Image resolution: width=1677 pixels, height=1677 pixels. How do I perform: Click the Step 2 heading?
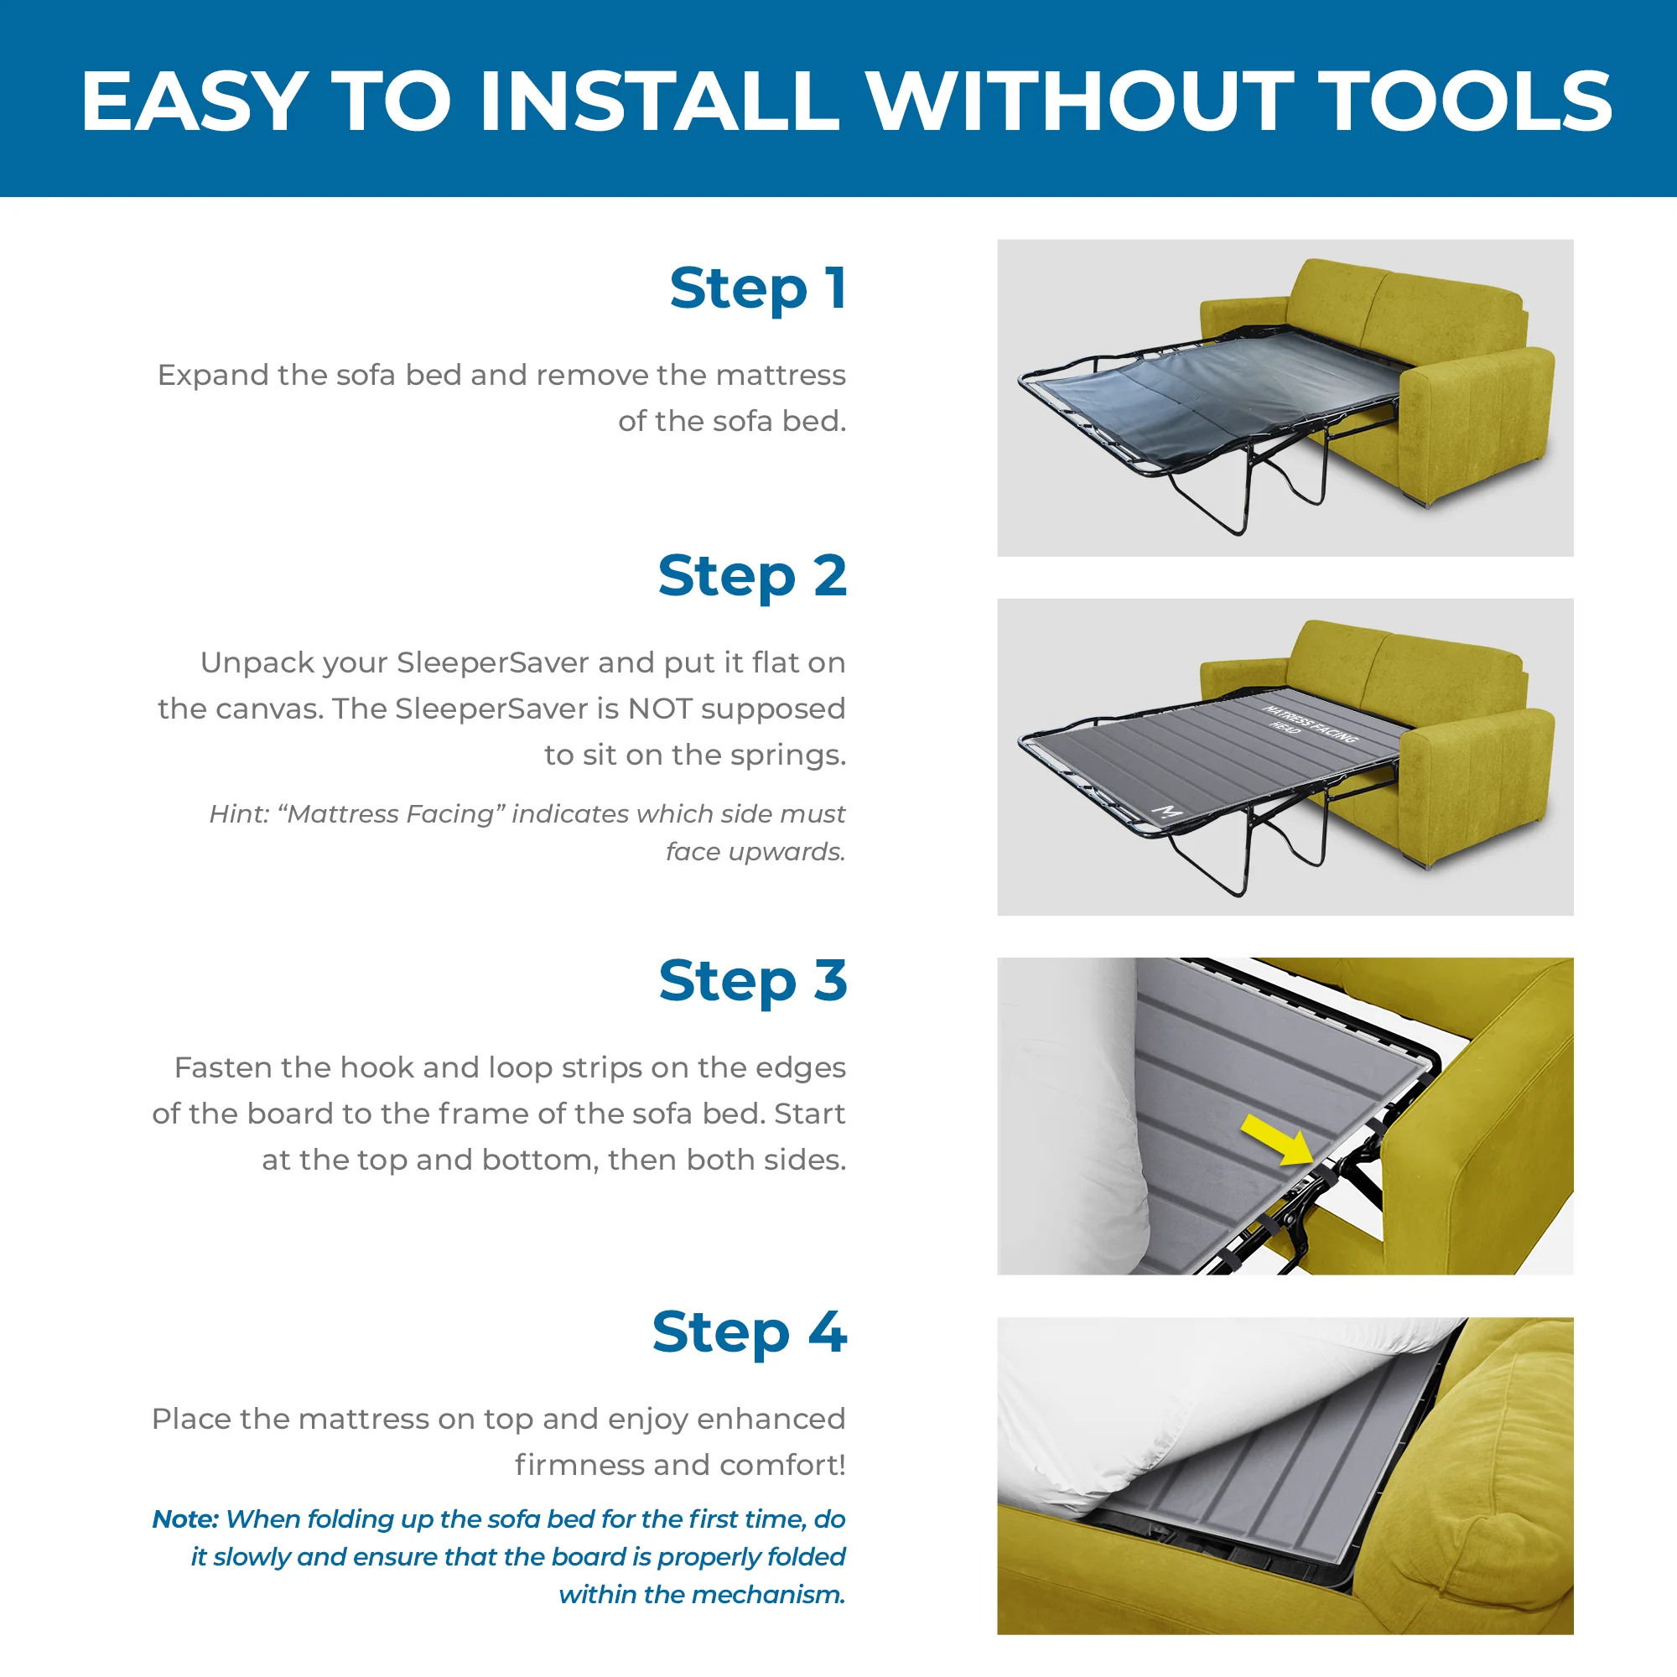751,575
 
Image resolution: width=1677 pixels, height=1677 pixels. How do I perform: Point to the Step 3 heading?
751,980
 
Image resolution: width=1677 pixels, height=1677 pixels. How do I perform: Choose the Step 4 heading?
748,1332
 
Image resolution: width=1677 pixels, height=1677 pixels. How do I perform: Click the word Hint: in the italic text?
240,814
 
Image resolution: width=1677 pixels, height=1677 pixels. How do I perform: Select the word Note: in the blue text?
184,1519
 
